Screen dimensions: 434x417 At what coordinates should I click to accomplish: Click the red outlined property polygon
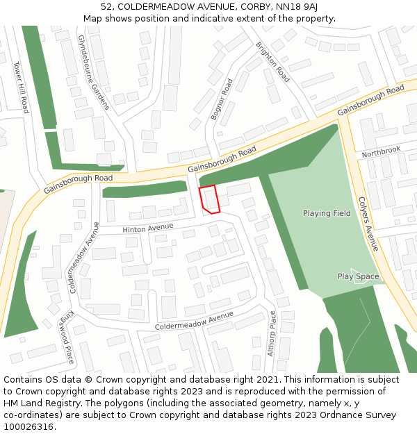click(209, 199)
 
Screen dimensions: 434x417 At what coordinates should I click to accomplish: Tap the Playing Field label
click(327, 213)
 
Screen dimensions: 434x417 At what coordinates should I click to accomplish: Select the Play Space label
click(359, 276)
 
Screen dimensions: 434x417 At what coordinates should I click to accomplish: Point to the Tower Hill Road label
click(21, 87)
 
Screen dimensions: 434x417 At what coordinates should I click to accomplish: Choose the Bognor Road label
click(222, 99)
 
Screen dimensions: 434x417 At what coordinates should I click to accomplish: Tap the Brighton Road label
click(272, 62)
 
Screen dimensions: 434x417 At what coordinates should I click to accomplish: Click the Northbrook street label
click(381, 150)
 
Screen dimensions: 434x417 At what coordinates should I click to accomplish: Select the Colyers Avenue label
click(368, 222)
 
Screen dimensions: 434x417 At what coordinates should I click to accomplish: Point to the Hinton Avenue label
click(147, 227)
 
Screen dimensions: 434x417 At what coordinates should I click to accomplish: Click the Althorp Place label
click(272, 333)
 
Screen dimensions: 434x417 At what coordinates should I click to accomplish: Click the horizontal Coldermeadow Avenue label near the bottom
click(194, 321)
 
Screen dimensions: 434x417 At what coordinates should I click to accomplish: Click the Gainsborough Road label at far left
click(78, 183)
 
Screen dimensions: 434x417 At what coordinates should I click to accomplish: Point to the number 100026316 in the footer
click(28, 426)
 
